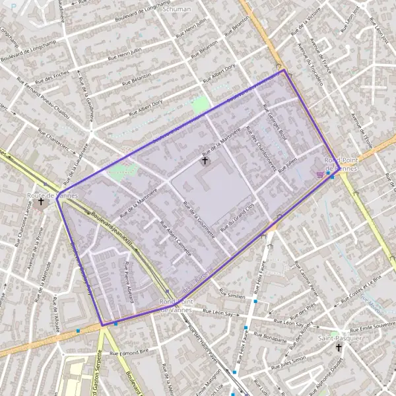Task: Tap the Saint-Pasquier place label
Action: point(339,338)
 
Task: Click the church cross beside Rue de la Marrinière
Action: point(205,160)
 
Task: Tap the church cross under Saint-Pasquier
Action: point(339,348)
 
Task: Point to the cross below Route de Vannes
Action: point(41,202)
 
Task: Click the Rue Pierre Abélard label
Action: point(130,280)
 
